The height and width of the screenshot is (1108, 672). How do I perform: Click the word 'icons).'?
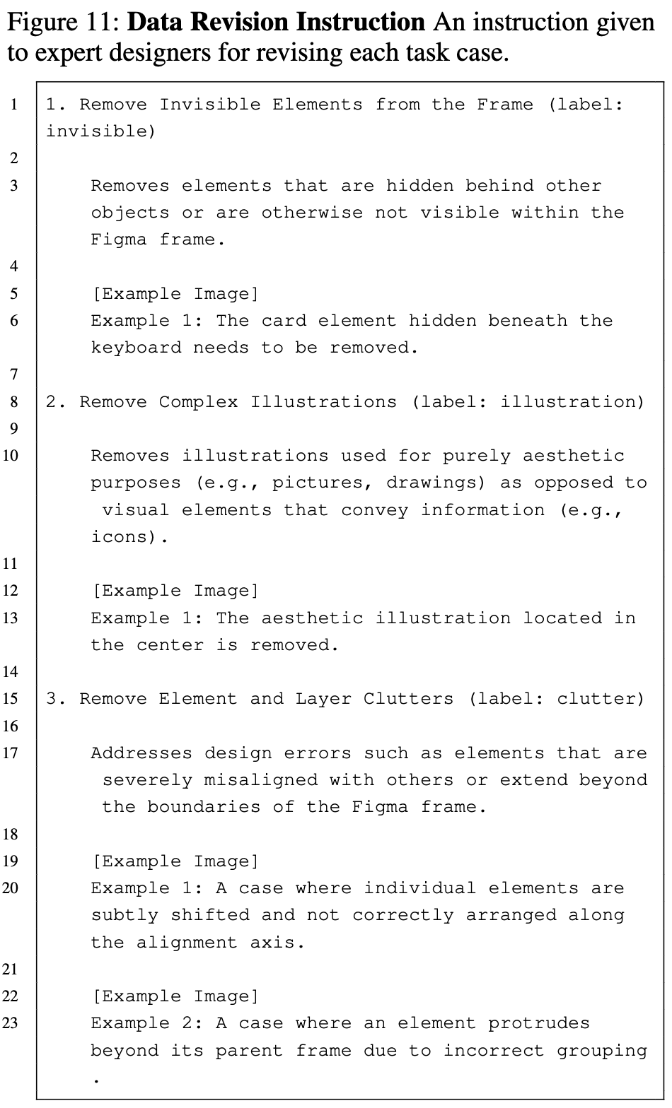(130, 537)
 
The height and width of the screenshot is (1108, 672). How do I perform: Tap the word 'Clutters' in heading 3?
(408, 699)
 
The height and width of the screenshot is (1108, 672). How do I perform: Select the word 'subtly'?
(124, 915)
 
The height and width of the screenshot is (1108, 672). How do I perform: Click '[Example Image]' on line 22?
(175, 996)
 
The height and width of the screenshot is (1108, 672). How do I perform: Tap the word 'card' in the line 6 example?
(283, 321)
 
